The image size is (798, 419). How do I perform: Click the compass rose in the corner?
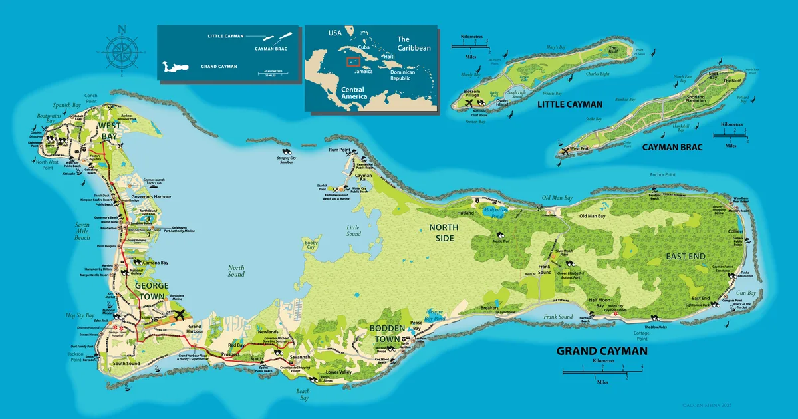click(121, 51)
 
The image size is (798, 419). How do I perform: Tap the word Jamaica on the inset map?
click(363, 71)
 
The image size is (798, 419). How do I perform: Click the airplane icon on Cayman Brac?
click(565, 152)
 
